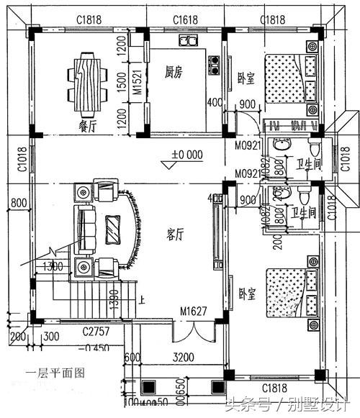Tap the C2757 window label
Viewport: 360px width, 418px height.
point(94,332)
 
